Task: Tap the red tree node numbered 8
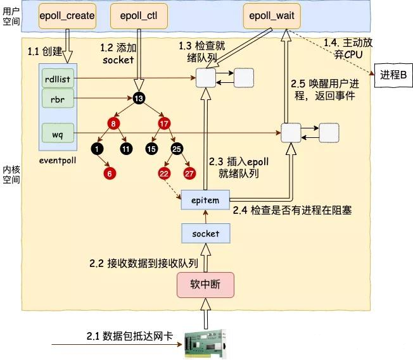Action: pyautogui.click(x=114, y=123)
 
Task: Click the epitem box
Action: pyautogui.click(x=205, y=200)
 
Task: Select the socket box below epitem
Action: pyautogui.click(x=205, y=233)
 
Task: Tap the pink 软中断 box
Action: pyautogui.click(x=205, y=284)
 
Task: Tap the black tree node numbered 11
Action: pyautogui.click(x=125, y=149)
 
